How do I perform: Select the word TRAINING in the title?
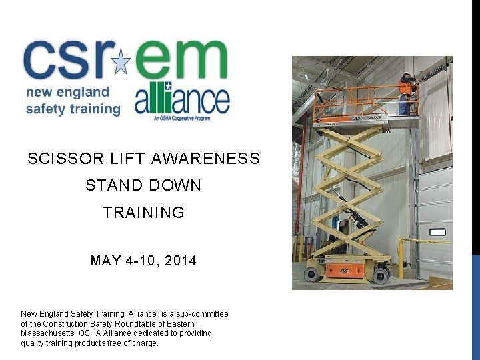tap(143, 213)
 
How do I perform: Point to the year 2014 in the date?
tap(180, 261)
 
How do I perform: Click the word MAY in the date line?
tap(105, 261)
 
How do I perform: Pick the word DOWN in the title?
tap(175, 185)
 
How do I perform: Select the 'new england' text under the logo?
tap(67, 92)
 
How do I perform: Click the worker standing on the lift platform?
tap(406, 93)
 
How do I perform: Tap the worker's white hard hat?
tap(406, 75)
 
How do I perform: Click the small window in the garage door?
tap(437, 231)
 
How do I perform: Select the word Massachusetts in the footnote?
tap(49, 333)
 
